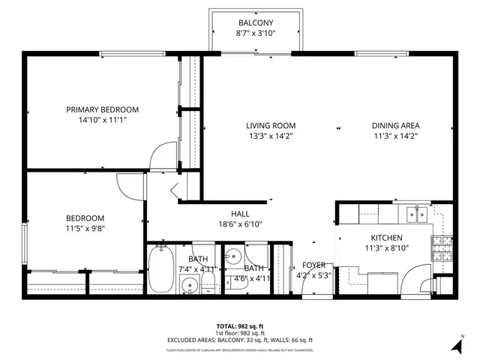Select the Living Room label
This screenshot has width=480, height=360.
[271, 125]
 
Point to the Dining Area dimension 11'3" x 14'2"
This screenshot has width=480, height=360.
[395, 136]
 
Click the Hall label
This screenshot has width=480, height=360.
[240, 213]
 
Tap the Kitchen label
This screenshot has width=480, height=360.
[386, 237]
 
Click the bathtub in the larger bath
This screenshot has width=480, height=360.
[160, 270]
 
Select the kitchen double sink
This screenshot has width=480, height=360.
[417, 215]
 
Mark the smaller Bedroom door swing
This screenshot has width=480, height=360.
[130, 183]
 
